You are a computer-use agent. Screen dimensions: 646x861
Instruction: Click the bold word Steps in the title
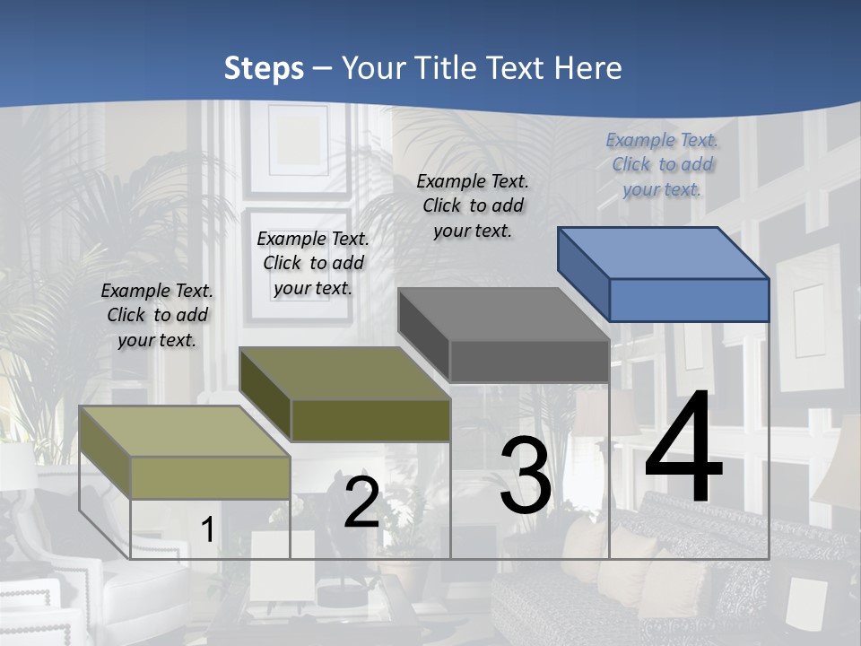[264, 68]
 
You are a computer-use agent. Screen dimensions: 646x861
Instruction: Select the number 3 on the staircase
[526, 476]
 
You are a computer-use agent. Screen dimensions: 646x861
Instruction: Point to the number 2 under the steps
[361, 502]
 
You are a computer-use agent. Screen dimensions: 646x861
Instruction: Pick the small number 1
[207, 529]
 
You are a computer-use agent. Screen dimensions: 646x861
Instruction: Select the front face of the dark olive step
[370, 420]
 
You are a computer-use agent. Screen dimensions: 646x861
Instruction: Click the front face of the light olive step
[210, 477]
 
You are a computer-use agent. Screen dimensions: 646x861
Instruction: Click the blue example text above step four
[662, 164]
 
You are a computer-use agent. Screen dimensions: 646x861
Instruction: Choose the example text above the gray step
[473, 205]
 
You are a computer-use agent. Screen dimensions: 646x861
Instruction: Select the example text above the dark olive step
[313, 263]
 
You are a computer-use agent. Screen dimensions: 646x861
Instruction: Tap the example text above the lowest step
[157, 315]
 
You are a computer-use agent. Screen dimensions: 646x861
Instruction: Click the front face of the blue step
[689, 300]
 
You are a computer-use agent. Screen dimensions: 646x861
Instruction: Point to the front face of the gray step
[529, 361]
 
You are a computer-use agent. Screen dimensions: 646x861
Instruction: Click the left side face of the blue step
[584, 274]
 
